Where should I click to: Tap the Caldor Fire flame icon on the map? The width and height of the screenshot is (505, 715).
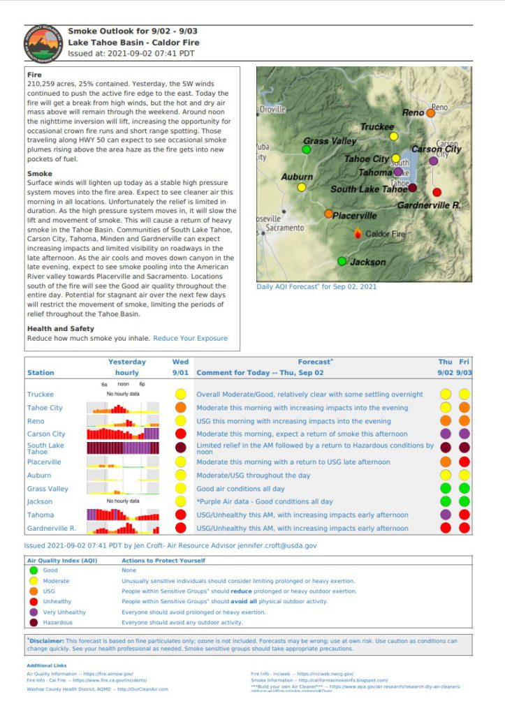[x=358, y=234]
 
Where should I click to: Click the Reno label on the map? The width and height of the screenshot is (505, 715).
[x=413, y=112]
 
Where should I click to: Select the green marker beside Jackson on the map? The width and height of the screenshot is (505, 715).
[x=342, y=261]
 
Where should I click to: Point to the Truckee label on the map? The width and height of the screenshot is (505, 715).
[x=376, y=127]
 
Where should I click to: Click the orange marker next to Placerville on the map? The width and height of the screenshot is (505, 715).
[x=329, y=214]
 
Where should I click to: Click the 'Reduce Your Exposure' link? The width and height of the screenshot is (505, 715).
[x=190, y=339]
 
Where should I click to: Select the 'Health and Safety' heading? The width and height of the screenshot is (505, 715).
[x=60, y=329]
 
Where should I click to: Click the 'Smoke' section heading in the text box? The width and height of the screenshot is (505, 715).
[x=38, y=173]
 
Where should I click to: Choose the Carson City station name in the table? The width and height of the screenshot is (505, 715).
[x=46, y=434]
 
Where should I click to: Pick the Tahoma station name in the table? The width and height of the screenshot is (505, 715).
[x=41, y=515]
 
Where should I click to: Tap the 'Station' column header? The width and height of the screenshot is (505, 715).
[x=41, y=373]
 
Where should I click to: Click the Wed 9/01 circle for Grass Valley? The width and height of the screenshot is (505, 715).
[x=181, y=489]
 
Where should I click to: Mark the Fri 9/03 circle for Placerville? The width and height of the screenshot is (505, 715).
[x=464, y=462]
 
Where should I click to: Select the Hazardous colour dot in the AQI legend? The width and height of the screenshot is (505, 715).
[x=34, y=622]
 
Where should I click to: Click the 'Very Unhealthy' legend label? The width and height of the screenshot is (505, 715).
[x=66, y=612]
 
